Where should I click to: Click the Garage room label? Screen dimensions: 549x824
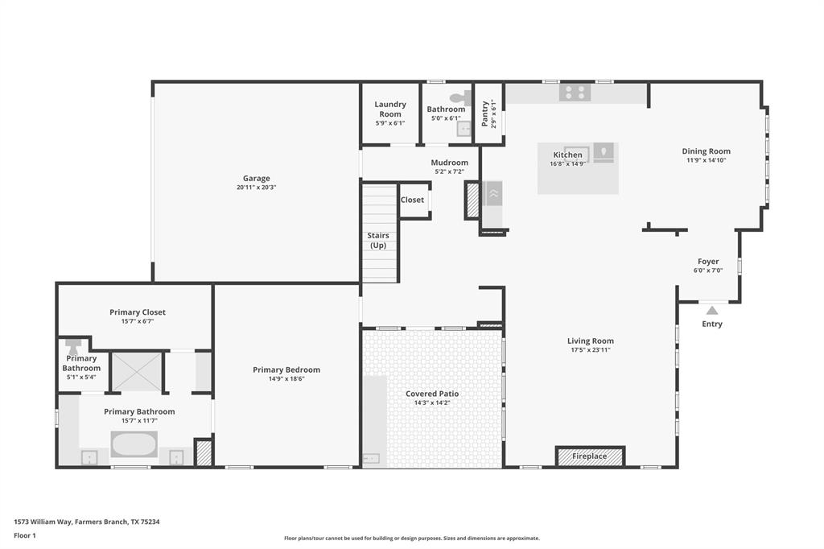point(257,179)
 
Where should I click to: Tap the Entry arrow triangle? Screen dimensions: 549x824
point(711,310)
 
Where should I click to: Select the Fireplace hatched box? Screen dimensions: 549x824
point(590,456)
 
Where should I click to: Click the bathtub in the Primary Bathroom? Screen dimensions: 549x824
point(134,444)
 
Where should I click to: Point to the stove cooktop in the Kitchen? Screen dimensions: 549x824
point(575,93)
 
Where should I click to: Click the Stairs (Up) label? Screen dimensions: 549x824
point(378,240)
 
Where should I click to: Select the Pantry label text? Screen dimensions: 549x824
point(484,114)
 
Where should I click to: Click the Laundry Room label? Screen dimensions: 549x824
point(390,109)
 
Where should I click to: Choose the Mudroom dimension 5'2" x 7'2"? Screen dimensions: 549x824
point(449,171)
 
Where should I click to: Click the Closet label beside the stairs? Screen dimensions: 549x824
point(412,200)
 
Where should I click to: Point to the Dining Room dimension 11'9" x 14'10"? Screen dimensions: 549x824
point(706,160)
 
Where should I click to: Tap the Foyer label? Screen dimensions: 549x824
point(708,262)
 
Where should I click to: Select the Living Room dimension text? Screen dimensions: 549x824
point(590,350)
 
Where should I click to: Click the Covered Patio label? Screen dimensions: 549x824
point(432,394)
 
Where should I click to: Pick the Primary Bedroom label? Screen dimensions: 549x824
point(286,369)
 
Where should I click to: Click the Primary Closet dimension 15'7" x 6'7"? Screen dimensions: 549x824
point(138,321)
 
